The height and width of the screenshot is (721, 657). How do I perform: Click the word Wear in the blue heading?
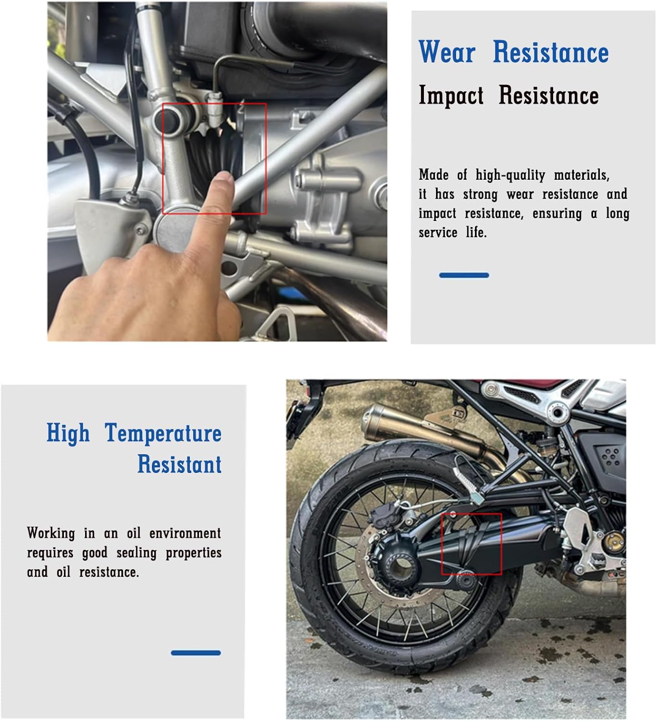point(447,52)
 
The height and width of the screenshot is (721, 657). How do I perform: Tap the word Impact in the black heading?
point(451,95)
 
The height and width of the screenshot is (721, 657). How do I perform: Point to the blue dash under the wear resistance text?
point(464,275)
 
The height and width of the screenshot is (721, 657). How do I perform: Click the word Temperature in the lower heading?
point(163,433)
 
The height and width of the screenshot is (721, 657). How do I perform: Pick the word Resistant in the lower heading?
point(179,464)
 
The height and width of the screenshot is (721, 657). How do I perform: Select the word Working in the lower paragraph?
point(51,534)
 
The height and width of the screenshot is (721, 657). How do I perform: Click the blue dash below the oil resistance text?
point(196,653)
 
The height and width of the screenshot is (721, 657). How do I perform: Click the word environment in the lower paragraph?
point(185,534)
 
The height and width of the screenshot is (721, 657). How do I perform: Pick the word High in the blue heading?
point(68,433)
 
